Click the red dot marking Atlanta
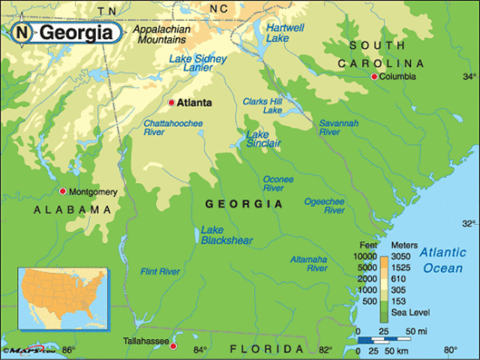coord(171,103)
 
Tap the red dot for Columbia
coord(373,76)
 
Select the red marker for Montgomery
coord(62,191)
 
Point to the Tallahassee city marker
coord(173,346)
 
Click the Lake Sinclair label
coord(264,139)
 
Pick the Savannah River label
coord(338,127)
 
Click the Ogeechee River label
coord(324,206)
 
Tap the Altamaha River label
coord(308,263)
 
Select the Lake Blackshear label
coord(226,235)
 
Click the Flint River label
coord(161,271)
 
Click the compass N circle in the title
coord(23,32)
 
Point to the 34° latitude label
coord(469,76)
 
